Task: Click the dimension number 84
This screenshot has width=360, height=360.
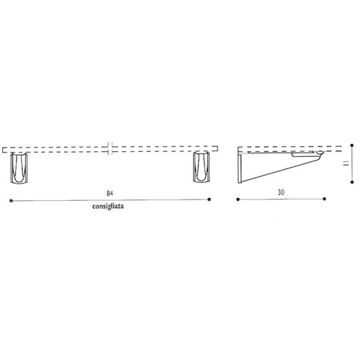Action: tap(109, 194)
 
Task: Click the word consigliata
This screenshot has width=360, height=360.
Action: tap(108, 207)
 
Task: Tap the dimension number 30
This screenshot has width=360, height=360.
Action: tap(281, 192)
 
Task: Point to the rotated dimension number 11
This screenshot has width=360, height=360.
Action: tap(346, 163)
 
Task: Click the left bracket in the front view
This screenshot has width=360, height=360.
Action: tap(19, 168)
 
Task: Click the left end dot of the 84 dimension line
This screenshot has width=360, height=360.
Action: tap(11, 201)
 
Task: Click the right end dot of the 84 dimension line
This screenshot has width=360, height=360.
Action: tap(210, 199)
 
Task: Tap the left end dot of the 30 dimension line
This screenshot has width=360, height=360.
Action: tap(238, 199)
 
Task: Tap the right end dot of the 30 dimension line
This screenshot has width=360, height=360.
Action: tap(325, 199)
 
